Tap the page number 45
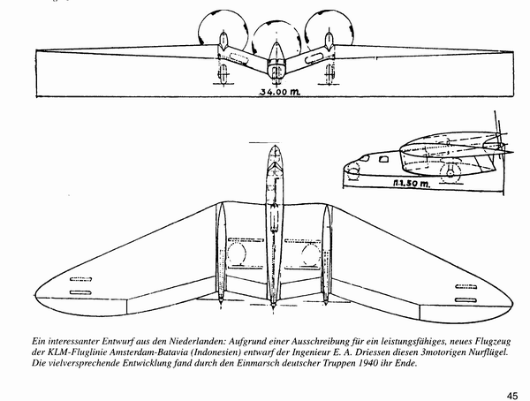click(511, 393)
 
